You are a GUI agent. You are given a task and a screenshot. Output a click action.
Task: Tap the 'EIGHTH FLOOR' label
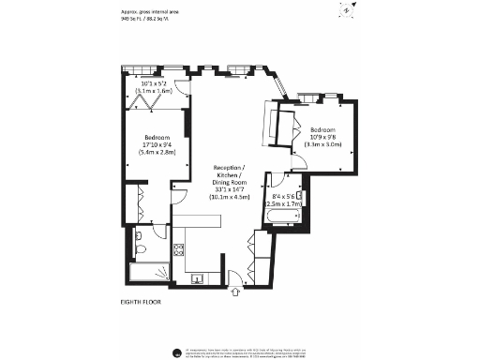click(143, 301)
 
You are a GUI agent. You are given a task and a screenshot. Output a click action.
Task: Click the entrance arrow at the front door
click(234, 292)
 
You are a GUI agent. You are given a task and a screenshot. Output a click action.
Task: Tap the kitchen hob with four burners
click(177, 250)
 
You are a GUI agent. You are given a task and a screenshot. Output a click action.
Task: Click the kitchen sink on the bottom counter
click(199, 277)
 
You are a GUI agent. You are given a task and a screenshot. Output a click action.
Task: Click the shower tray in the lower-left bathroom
click(145, 275)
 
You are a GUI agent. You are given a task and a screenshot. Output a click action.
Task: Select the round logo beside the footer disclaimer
click(177, 352)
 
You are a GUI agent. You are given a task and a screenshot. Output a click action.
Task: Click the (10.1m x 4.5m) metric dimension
click(230, 198)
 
